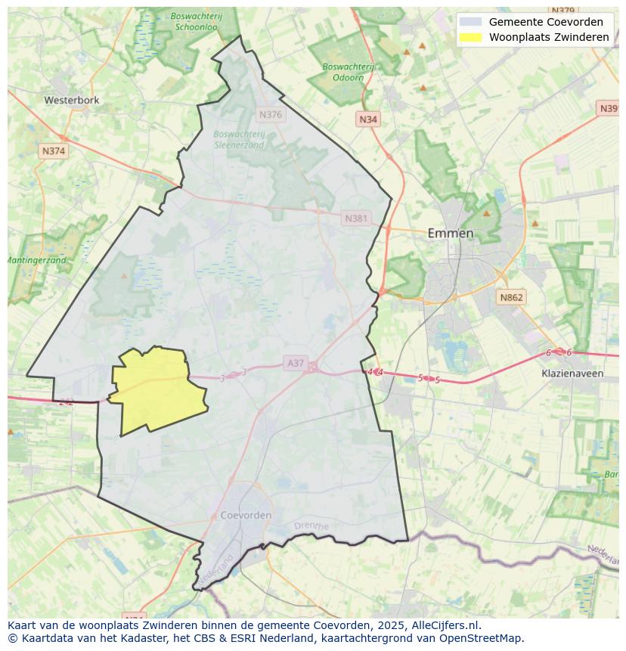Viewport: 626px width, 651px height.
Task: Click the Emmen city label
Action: [x=451, y=233]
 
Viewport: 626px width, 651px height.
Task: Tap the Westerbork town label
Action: [x=72, y=99]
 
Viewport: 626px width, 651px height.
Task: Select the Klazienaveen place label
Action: [x=572, y=374]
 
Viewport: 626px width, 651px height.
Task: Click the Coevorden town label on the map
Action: [x=246, y=515]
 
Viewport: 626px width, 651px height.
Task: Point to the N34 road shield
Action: [x=368, y=119]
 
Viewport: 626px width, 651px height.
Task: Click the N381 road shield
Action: [x=356, y=219]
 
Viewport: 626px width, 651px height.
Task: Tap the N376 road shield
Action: [x=270, y=115]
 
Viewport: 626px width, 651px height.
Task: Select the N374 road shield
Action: [x=54, y=150]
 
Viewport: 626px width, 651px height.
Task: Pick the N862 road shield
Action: [x=511, y=298]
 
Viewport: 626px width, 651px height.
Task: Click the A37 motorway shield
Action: [x=296, y=363]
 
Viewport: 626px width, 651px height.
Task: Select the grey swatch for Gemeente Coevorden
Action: [x=470, y=22]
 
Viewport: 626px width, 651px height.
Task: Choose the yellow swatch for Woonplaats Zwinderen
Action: [x=470, y=37]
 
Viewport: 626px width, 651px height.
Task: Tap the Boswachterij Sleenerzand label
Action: [x=239, y=139]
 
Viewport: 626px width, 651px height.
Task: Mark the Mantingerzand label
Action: [x=36, y=260]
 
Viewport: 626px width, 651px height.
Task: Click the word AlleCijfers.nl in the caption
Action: [x=446, y=625]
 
